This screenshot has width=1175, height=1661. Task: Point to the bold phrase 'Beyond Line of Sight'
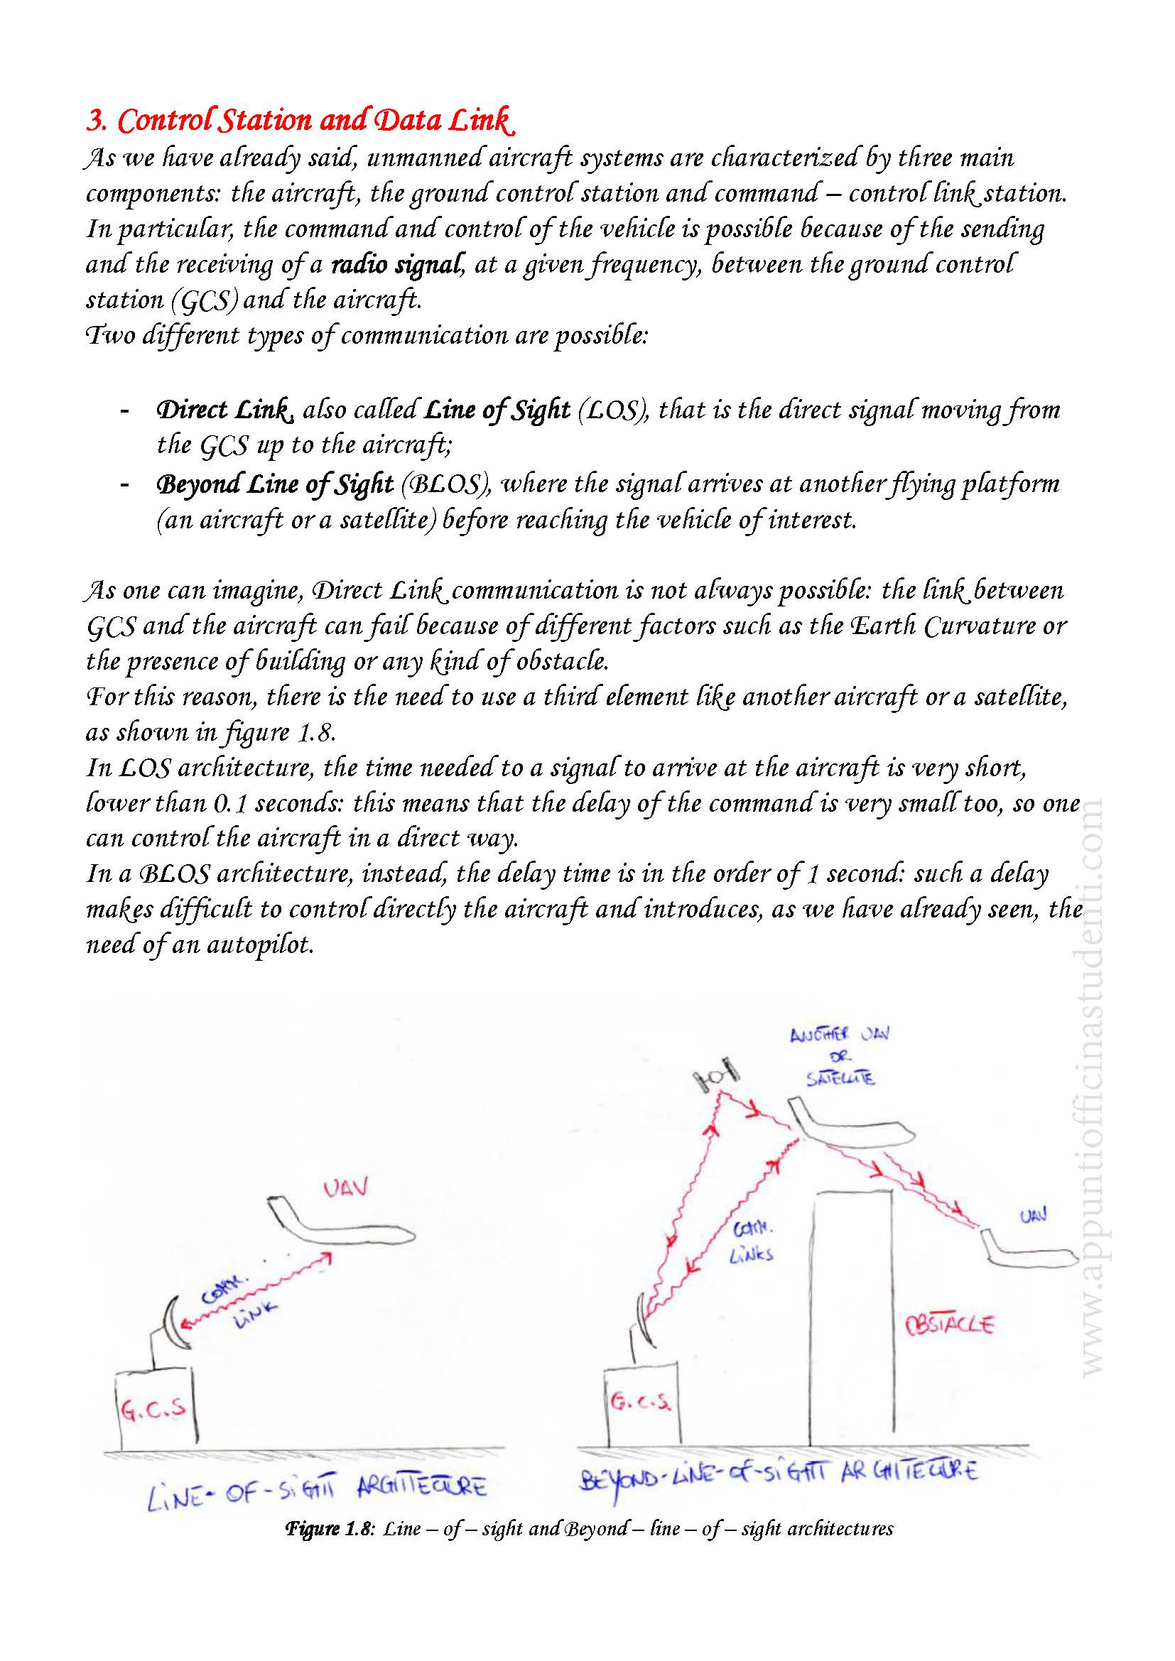[275, 484]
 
